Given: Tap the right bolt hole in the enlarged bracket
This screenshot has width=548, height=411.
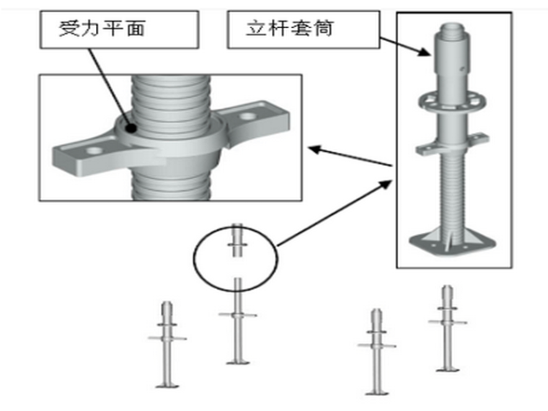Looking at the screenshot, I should [x=250, y=115].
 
